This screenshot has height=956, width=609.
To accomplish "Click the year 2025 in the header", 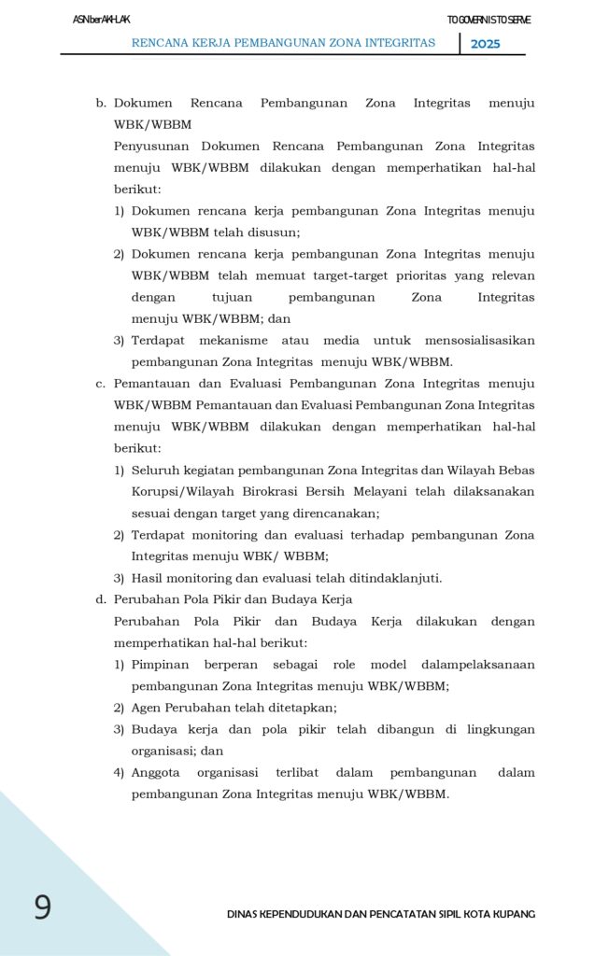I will tap(485, 44).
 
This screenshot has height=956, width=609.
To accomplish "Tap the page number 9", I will tap(42, 907).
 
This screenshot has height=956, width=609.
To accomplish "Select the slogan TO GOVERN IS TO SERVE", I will tap(489, 20).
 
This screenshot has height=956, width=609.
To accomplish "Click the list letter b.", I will tap(100, 103).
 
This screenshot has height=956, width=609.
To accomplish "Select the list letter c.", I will tap(100, 384).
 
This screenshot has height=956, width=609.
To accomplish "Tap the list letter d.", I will tap(100, 599).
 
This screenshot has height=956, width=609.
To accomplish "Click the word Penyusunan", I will tap(151, 147).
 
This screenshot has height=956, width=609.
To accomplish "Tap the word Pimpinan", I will tap(160, 665).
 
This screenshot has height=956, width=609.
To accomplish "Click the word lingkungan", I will tap(503, 729).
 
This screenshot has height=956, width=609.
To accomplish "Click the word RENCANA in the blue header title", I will tap(162, 43).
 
